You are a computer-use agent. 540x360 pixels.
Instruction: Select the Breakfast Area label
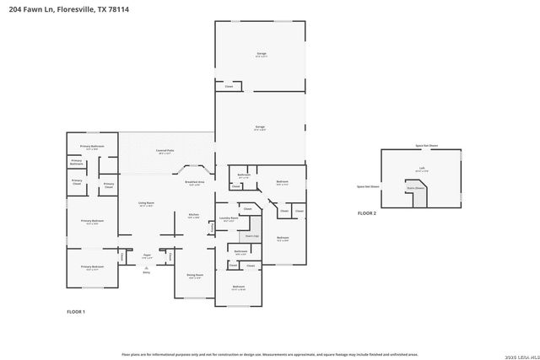pos(194,183)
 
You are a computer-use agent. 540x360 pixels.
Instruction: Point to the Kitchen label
pos(192,216)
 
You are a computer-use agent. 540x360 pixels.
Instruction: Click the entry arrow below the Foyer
pos(146,267)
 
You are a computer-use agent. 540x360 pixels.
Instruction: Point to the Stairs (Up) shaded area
pos(251,235)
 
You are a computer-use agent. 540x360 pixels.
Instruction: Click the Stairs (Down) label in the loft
pos(418,189)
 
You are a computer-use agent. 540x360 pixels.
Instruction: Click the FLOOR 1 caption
pos(76,312)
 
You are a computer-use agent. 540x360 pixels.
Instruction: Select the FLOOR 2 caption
pos(366,213)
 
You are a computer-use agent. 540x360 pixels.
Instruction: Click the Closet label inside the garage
pos(229,87)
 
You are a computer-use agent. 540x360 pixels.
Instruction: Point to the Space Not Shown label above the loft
pos(426,146)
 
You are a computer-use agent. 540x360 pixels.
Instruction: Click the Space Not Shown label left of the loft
pos(368,185)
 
